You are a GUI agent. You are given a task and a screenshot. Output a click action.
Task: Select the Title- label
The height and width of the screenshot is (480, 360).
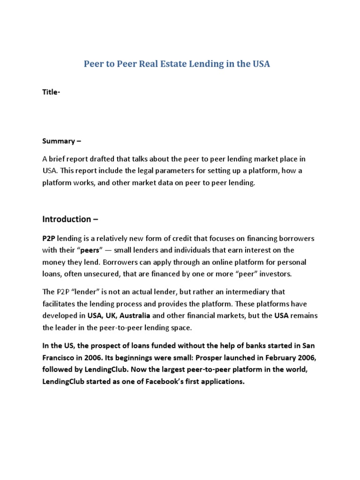[x=51, y=92]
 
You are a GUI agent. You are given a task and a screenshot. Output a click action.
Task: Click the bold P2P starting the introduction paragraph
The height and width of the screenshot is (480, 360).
[x=49, y=238]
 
